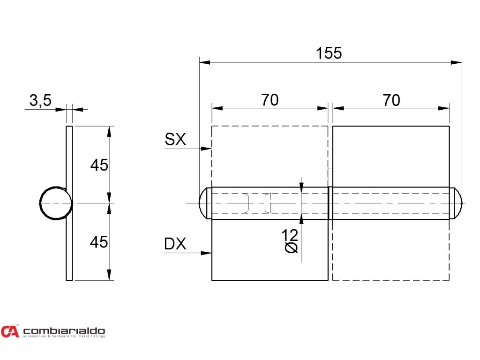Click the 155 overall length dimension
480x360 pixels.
click(329, 53)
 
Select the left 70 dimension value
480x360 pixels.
click(270, 100)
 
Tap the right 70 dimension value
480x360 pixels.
click(391, 100)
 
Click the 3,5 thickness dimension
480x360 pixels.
click(40, 100)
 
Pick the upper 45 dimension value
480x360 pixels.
click(99, 165)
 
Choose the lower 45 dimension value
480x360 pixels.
click(99, 242)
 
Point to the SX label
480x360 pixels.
click(175, 139)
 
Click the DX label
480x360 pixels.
click(175, 244)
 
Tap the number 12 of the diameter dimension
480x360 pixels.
click(291, 234)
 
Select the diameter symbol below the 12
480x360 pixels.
click(291, 247)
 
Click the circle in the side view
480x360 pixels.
click(56, 203)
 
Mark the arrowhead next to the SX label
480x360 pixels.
click(206, 149)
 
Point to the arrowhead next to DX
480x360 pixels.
click(206, 253)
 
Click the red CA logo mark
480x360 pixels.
click(10, 331)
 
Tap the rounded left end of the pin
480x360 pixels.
click(204, 203)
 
